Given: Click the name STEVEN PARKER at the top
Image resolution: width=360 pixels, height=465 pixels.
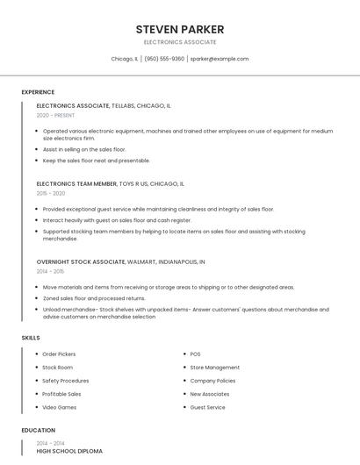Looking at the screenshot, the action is tap(179, 29).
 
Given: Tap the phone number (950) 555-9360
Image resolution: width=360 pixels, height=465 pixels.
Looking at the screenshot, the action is tap(164, 59).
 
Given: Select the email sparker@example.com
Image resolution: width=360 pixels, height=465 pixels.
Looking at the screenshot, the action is tap(220, 59).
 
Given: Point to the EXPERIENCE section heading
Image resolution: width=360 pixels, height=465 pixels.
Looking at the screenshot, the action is tap(38, 92).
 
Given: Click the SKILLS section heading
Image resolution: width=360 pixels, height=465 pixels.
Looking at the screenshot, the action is tap(31, 338).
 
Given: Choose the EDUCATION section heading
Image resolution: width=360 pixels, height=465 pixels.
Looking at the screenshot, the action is tap(38, 431).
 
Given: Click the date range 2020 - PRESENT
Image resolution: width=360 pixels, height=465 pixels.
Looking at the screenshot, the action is tap(55, 115).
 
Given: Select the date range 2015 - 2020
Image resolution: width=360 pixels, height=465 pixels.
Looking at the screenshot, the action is tap(51, 193).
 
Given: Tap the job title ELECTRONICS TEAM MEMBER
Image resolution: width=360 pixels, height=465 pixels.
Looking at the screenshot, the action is tap(76, 184).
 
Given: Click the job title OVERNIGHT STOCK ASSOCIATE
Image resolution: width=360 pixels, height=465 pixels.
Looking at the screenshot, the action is tap(81, 261).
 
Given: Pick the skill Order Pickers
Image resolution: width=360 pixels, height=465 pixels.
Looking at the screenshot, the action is tap(60, 354).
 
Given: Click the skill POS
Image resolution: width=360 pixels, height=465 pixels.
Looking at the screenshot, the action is tap(195, 354).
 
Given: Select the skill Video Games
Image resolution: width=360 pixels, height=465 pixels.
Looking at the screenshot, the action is tap(60, 407).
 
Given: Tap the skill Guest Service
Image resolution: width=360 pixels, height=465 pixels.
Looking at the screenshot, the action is tap(207, 407).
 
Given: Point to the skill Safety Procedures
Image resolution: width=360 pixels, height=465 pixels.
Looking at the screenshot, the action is tap(66, 381).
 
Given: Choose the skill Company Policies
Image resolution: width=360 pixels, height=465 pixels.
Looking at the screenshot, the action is tap(212, 381).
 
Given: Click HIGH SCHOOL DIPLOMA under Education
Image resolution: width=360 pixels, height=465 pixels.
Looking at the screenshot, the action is tap(69, 451).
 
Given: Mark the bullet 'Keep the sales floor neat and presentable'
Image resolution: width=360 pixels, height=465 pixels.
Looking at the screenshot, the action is tap(97, 161).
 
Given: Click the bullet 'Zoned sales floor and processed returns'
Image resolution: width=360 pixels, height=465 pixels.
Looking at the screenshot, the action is tap(94, 298).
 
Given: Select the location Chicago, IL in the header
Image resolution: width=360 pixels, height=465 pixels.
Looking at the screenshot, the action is tap(125, 59).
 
